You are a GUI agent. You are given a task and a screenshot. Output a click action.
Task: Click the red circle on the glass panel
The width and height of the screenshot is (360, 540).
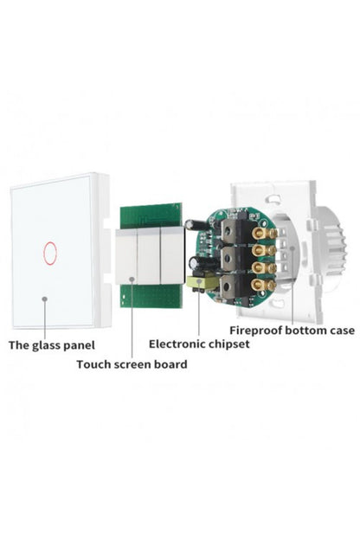click(x=50, y=254)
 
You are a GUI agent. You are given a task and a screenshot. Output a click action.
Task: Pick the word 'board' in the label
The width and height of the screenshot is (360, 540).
click(x=170, y=364)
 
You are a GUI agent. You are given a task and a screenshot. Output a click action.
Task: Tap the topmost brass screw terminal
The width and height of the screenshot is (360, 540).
click(x=264, y=234)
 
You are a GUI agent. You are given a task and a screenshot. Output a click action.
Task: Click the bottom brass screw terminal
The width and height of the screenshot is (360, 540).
click(x=264, y=285)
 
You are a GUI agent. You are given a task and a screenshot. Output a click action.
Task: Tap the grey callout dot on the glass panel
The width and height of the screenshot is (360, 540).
click(x=44, y=299)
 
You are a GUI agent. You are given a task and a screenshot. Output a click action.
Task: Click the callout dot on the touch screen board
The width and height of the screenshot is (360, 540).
click(x=132, y=279)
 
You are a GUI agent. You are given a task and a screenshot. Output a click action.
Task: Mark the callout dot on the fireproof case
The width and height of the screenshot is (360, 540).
click(x=292, y=248)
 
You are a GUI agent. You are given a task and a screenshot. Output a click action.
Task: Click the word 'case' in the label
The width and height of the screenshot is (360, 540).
click(x=340, y=331)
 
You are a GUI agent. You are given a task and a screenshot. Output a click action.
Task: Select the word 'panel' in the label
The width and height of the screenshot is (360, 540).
click(x=79, y=346)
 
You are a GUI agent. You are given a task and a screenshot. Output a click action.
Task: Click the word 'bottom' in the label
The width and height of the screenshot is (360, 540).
click(x=304, y=331)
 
